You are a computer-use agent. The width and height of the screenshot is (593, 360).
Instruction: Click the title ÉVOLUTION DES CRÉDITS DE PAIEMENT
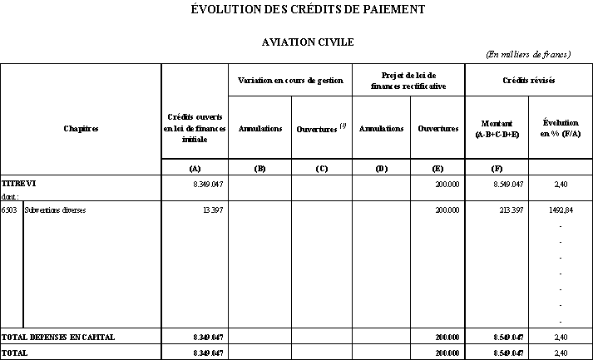point(296,10)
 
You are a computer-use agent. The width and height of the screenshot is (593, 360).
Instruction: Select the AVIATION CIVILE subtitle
point(296,41)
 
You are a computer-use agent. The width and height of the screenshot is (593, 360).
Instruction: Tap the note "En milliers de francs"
point(527,55)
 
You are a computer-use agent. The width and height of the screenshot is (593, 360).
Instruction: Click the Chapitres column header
point(81,129)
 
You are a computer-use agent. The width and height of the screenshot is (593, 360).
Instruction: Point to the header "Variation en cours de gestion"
point(290,81)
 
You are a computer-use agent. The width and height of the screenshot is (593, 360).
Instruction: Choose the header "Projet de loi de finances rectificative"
point(408,81)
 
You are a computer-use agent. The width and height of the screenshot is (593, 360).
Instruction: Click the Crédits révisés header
point(528,81)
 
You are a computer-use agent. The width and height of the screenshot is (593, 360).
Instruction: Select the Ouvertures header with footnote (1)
point(321,128)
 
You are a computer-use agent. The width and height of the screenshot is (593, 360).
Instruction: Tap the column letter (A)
point(195,169)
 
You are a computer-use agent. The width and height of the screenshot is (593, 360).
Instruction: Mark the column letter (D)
point(381,169)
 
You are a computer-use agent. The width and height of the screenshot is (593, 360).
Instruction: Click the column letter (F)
point(497,169)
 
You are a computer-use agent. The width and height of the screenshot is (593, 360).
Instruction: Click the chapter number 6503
point(10,210)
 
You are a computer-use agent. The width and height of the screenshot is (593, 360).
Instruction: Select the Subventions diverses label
point(56,210)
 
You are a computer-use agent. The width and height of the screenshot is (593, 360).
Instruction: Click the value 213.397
point(509,210)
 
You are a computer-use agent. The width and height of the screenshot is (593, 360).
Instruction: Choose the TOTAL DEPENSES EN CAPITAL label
point(58,338)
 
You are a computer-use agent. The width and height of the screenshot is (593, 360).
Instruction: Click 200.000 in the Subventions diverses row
point(447,210)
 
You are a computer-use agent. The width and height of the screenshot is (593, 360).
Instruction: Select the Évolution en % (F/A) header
point(560,128)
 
